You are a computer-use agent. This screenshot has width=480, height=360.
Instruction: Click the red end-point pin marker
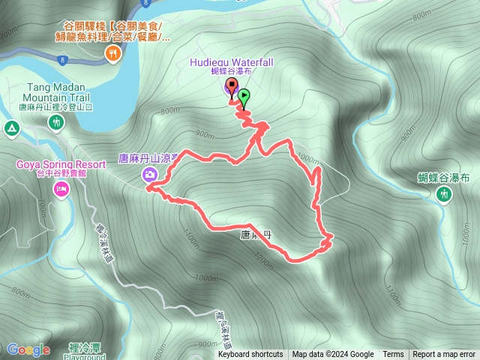231,85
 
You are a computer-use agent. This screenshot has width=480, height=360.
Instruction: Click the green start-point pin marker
244,96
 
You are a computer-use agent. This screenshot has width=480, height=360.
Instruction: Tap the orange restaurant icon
113,52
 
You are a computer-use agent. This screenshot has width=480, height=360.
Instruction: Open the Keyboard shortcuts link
250,355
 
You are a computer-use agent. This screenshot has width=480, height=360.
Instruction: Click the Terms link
393,355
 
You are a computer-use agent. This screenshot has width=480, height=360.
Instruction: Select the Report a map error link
444,355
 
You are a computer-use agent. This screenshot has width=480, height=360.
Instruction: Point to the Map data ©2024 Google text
333,355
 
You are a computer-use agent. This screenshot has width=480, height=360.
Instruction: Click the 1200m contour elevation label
263,259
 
